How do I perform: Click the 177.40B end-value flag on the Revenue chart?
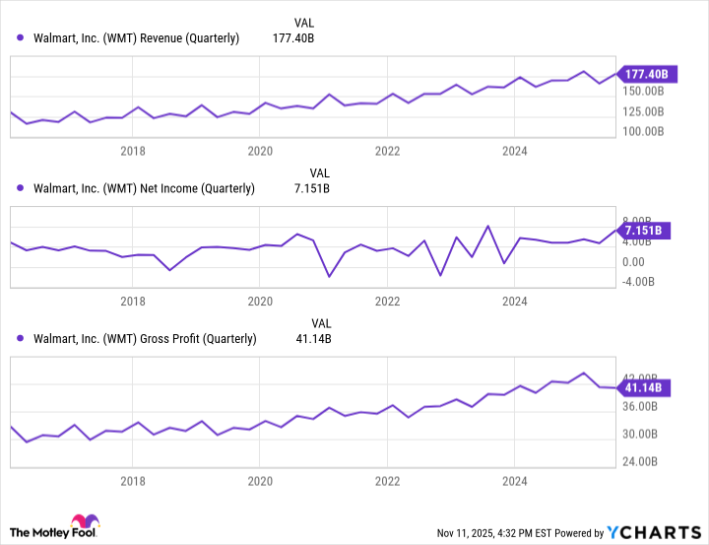[647, 73]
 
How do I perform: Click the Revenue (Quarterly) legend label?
[136, 38]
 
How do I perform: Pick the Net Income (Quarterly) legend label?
[144, 188]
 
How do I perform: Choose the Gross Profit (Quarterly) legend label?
[145, 338]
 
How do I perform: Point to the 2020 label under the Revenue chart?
[260, 151]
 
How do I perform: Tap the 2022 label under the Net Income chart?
[388, 301]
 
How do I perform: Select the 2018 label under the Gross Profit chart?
[133, 482]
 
